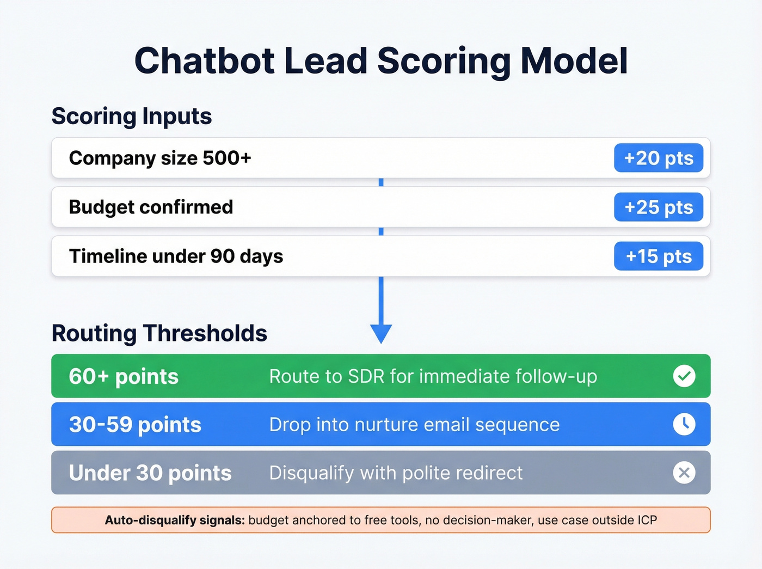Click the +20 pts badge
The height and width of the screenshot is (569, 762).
[x=659, y=158]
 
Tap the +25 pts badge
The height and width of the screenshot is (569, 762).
[x=659, y=207]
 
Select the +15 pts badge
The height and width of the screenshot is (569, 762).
[x=659, y=256]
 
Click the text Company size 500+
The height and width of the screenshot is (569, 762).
[x=160, y=158]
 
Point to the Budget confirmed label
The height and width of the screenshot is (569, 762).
[x=151, y=207]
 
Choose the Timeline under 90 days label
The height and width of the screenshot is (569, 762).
[x=176, y=256]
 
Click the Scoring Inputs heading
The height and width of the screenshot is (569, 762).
[x=132, y=116]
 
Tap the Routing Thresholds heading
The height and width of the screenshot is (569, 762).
[x=159, y=333]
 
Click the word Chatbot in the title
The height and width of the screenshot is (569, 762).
[x=204, y=60]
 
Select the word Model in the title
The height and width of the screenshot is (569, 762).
[x=574, y=60]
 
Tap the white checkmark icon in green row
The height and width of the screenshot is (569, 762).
[x=684, y=376]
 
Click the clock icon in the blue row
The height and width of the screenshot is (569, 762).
[x=684, y=424]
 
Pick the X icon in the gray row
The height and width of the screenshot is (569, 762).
[x=684, y=473]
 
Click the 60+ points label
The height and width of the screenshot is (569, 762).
[x=124, y=376]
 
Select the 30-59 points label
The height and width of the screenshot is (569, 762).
[x=135, y=425]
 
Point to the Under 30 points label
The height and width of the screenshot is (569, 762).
[x=150, y=473]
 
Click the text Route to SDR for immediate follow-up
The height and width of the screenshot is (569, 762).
[x=433, y=376]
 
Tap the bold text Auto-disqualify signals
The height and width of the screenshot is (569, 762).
[x=175, y=520]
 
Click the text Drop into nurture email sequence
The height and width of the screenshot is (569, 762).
[x=414, y=425]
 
